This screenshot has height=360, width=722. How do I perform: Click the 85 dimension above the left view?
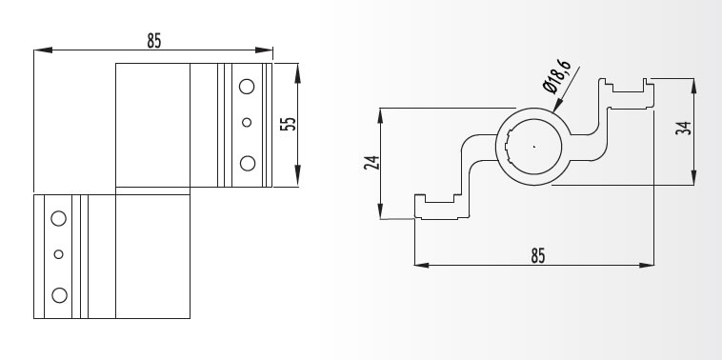click(154, 41)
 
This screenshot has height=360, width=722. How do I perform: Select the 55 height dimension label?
click(289, 124)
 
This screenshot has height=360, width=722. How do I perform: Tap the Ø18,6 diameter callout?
click(556, 76)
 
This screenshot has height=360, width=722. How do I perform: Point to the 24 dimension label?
click(371, 163)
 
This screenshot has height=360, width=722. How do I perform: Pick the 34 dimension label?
click(683, 128)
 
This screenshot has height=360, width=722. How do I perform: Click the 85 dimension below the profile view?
click(538, 255)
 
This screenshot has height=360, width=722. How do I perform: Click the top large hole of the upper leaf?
click(247, 87)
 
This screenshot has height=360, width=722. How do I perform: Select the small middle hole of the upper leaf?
click(247, 123)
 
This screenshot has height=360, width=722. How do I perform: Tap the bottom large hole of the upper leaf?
click(248, 164)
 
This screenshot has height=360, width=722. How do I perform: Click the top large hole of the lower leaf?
click(58, 219)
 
